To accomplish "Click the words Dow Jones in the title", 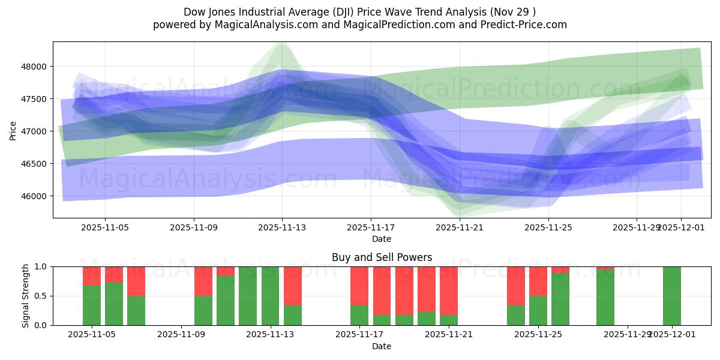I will [x=208, y=11].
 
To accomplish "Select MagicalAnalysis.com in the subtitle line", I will [x=261, y=25].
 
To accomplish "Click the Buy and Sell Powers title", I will [x=382, y=257].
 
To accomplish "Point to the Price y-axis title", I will [x=13, y=130].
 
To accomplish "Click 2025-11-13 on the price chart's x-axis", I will [x=282, y=227].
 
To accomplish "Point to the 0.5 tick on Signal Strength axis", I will [x=41, y=296].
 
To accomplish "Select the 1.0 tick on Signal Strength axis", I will [x=41, y=266].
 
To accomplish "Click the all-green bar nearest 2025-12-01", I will [x=671, y=296].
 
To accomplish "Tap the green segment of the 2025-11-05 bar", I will [x=92, y=305].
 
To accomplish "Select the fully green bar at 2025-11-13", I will [x=270, y=296].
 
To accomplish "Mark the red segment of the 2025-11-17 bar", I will [x=359, y=286].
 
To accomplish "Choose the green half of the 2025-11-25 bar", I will [x=538, y=310].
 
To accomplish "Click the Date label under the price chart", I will [x=382, y=239].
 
